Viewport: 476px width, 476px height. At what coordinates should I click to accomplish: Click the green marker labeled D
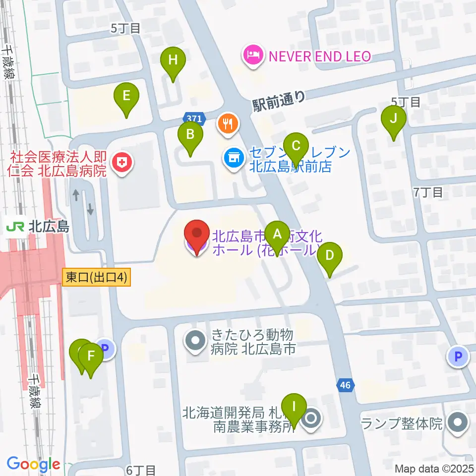[x=330, y=257]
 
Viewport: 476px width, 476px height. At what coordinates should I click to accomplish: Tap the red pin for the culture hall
[x=196, y=234]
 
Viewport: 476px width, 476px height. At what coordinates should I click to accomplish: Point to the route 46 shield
[x=347, y=384]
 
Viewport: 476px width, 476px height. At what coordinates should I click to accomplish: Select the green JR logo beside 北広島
[x=15, y=227]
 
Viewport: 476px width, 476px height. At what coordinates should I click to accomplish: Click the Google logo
[x=33, y=465]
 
